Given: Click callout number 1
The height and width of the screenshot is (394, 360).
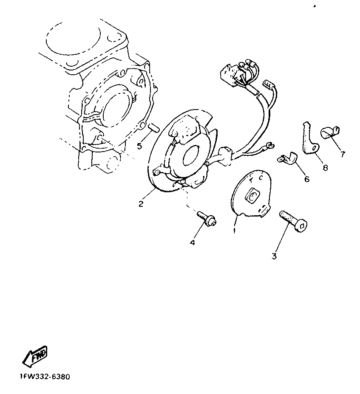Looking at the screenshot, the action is [235, 230].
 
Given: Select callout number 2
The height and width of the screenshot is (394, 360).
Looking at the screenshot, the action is [141, 203].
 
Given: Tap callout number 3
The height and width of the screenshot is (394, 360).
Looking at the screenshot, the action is [274, 256].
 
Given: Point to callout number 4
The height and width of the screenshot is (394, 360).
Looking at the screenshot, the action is [193, 243].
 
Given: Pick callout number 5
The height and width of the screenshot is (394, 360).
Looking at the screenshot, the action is [139, 146].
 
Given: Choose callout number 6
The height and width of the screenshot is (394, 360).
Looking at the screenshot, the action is [307, 179].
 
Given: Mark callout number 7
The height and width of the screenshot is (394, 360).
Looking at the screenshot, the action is [343, 154].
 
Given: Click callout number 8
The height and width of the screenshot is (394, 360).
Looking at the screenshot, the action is [325, 168].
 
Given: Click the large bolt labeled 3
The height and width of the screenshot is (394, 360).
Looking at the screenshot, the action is [293, 221].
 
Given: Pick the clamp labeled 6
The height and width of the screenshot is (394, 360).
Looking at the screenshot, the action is [287, 158].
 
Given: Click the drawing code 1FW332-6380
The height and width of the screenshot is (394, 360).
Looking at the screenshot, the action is [45, 377].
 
